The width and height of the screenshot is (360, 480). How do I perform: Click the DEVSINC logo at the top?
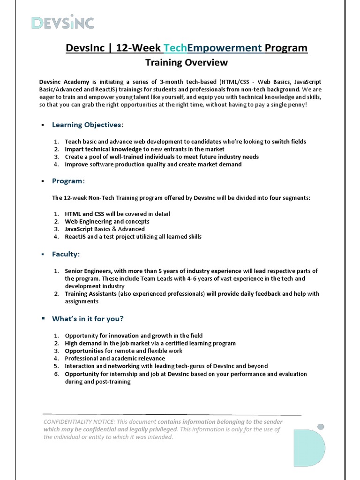pos(62,22)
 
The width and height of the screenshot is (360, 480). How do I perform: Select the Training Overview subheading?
pos(180,63)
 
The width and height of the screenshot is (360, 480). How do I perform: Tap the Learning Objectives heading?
pos(88,125)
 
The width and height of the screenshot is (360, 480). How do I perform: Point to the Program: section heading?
pos(68,181)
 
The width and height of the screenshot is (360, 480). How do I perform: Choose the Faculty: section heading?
pos(66,254)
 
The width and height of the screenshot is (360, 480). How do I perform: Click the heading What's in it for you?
pos(88,319)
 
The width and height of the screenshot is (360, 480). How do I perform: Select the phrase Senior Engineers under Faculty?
pos(88,271)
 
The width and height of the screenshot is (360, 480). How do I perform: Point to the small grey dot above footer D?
pos(321,427)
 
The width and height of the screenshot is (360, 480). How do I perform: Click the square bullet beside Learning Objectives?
pos(42,125)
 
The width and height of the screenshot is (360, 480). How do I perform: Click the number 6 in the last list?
pos(56,374)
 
